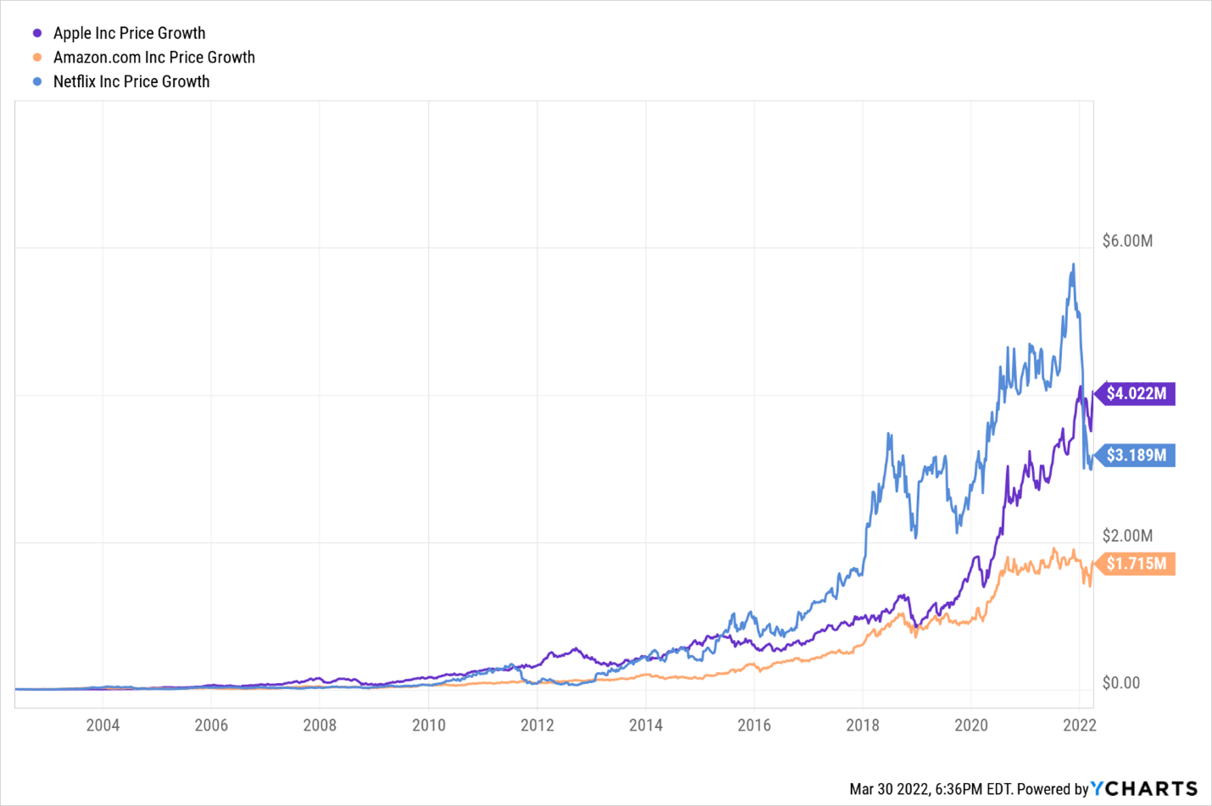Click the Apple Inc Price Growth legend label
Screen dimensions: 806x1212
[129, 33]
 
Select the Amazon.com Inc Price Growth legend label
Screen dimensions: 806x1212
[153, 58]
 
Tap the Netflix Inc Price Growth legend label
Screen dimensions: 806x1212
[131, 81]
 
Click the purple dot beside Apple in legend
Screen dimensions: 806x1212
[37, 33]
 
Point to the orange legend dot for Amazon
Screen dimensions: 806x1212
[37, 58]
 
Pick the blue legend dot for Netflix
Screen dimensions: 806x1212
[37, 81]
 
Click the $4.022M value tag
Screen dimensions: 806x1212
[1136, 394]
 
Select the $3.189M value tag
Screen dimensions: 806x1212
[1136, 455]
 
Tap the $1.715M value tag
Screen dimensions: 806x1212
[1136, 564]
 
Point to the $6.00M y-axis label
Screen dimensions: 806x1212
[1127, 241]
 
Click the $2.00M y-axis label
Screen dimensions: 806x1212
[1127, 536]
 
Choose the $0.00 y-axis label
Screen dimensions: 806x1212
[1120, 683]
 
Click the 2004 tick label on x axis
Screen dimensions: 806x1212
[103, 725]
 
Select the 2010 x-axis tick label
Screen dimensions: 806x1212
[428, 725]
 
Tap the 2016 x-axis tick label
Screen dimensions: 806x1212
[753, 725]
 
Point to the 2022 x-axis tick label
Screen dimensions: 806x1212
[1079, 725]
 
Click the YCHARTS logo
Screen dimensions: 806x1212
[1144, 788]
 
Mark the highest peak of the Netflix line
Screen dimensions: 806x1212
[1073, 264]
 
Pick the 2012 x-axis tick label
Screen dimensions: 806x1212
[537, 725]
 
